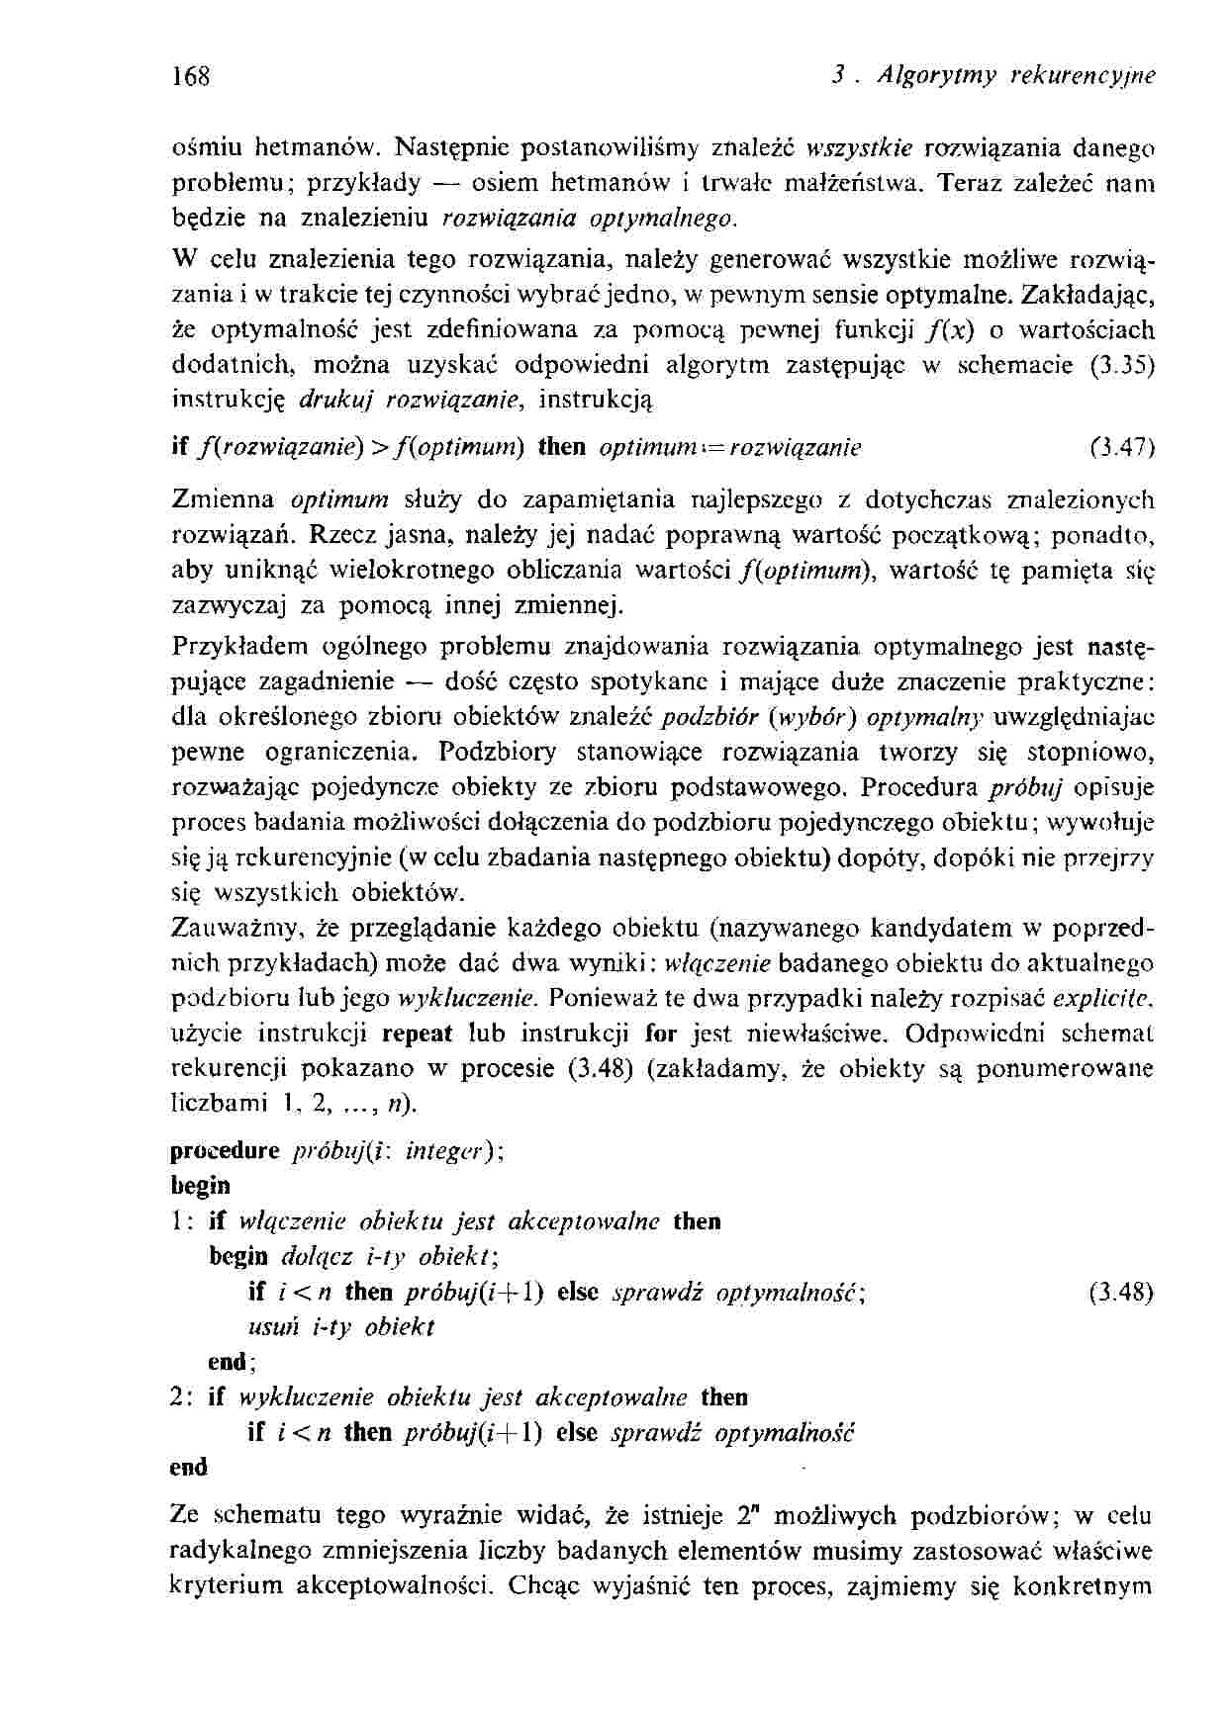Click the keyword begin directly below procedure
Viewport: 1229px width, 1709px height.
200,1185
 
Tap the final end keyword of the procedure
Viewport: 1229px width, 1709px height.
189,1467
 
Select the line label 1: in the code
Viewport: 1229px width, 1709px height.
184,1221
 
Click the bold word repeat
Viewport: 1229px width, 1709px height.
417,1034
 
